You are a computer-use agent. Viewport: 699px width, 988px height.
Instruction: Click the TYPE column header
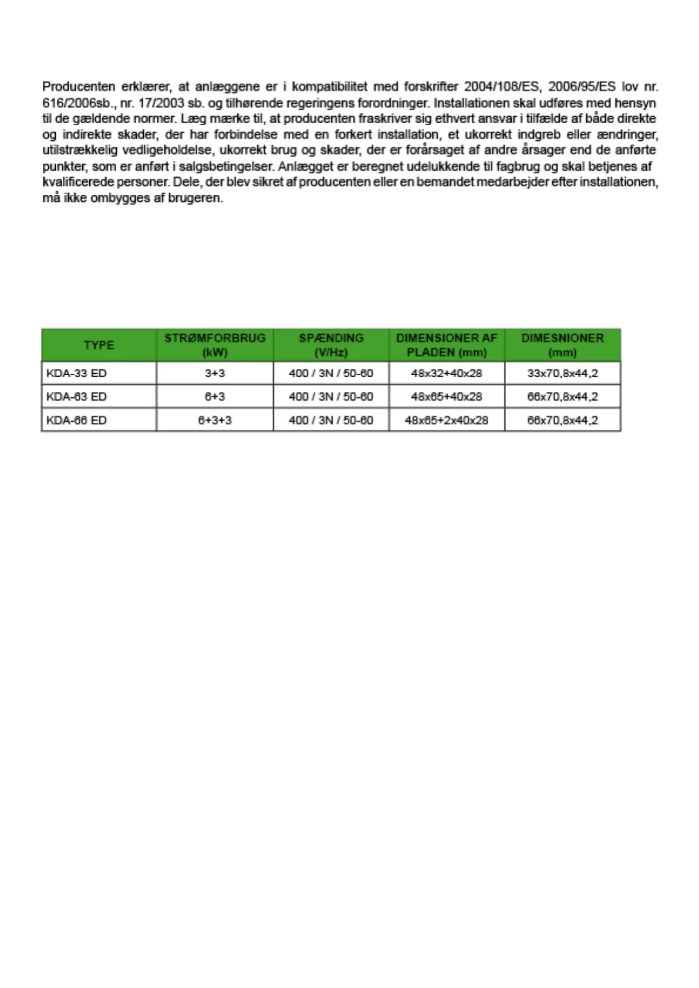click(99, 345)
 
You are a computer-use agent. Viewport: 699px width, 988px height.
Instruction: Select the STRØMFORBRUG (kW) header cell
click(215, 345)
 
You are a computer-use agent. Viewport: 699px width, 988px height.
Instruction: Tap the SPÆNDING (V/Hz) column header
click(331, 345)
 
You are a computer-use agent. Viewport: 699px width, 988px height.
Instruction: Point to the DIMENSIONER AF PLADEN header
click(447, 345)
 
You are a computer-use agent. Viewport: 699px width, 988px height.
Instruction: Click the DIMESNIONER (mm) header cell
click(562, 345)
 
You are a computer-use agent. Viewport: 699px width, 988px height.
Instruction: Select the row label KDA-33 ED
click(76, 373)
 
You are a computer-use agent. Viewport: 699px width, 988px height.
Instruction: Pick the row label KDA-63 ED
click(76, 397)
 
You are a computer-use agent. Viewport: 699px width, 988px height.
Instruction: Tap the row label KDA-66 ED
click(76, 420)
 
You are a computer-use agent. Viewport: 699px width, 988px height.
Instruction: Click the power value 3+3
click(215, 373)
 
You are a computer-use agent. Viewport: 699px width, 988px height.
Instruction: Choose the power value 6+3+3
click(215, 420)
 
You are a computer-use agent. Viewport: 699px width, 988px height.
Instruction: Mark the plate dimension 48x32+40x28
click(447, 373)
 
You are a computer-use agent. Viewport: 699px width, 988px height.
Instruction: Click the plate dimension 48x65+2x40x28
click(447, 420)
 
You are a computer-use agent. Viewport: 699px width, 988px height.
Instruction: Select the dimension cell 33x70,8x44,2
click(562, 373)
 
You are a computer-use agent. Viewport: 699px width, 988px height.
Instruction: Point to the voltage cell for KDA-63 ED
click(331, 397)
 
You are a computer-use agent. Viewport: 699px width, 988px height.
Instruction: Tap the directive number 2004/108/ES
click(501, 87)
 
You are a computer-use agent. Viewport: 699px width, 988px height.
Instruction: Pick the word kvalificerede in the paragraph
click(79, 182)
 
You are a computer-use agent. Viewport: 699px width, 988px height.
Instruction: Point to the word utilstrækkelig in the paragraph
click(80, 150)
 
